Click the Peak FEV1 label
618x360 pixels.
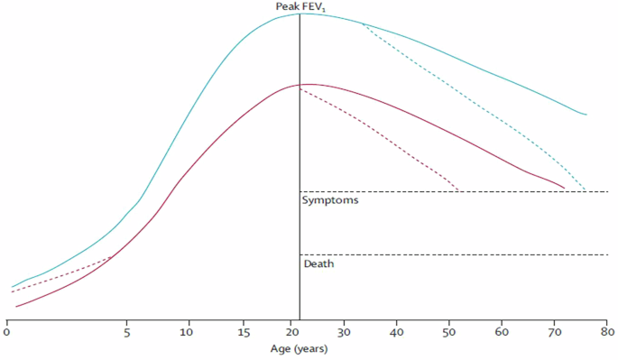pos(300,7)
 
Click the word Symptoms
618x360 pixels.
pos(331,201)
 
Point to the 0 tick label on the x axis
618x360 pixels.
pos(7,331)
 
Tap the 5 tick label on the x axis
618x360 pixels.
pos(126,331)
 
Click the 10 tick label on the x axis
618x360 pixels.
pos(189,331)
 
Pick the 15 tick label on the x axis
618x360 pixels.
pos(245,331)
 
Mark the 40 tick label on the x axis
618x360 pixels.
pos(397,331)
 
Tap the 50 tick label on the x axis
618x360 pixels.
pos(450,331)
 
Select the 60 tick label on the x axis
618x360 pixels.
pos(502,331)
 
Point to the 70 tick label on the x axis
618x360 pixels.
pos(555,331)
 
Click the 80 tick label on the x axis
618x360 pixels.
pos(606,331)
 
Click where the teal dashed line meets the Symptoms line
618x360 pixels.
pos(585,191)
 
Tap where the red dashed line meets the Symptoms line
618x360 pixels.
pos(458,191)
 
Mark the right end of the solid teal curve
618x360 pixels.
pos(587,115)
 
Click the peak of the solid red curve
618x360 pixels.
pos(305,84)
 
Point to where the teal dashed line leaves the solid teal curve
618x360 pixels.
pos(362,23)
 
